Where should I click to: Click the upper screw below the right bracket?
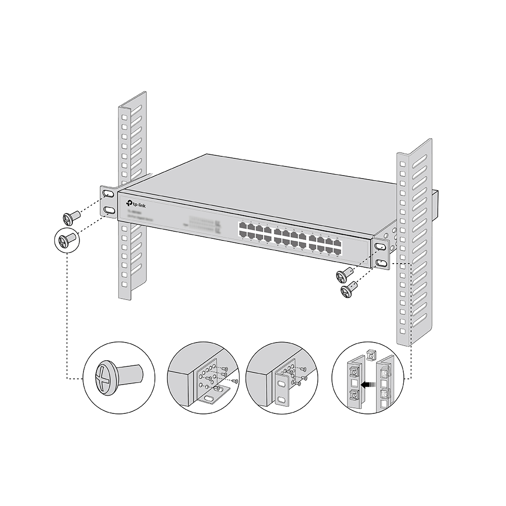coord(344,275)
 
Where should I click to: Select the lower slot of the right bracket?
coord(381,262)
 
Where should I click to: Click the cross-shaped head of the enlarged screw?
coord(104,377)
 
